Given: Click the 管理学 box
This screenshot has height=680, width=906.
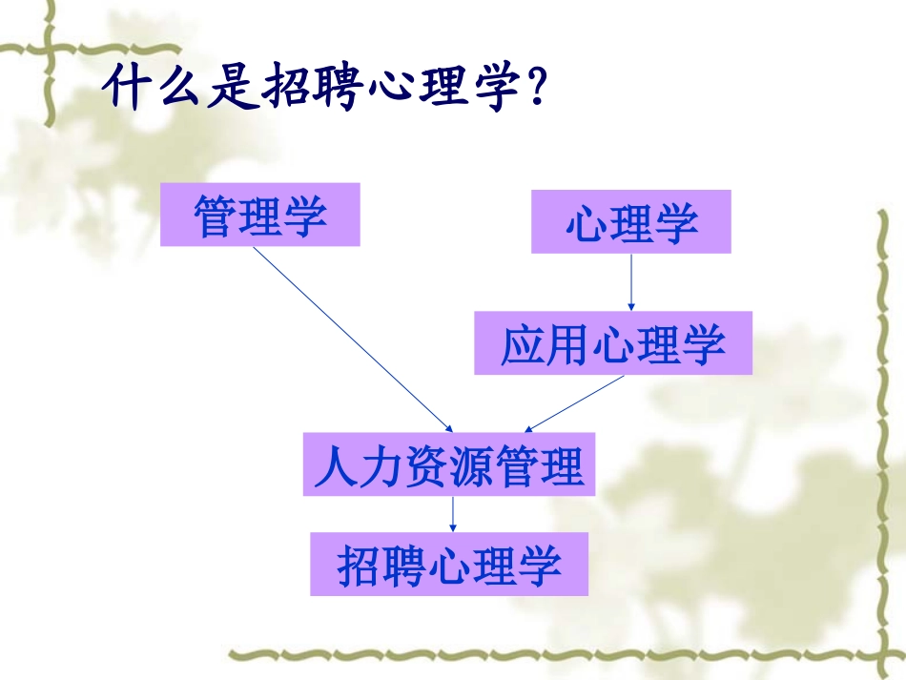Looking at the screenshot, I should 259,215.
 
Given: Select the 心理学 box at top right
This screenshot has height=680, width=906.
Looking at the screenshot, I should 630,221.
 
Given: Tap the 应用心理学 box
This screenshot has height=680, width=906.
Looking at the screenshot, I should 613,343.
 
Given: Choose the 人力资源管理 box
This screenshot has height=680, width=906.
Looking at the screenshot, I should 448,465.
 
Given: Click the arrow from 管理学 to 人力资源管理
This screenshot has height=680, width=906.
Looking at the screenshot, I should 353,339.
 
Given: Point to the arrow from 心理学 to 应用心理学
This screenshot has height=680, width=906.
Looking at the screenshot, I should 630,281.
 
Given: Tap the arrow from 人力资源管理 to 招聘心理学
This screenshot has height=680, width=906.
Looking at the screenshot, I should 452,514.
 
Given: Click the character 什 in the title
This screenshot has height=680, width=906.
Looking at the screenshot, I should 129,88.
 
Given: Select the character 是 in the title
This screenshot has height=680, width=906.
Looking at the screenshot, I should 229,88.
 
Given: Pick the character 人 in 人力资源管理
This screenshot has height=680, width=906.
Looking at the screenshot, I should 336,467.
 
